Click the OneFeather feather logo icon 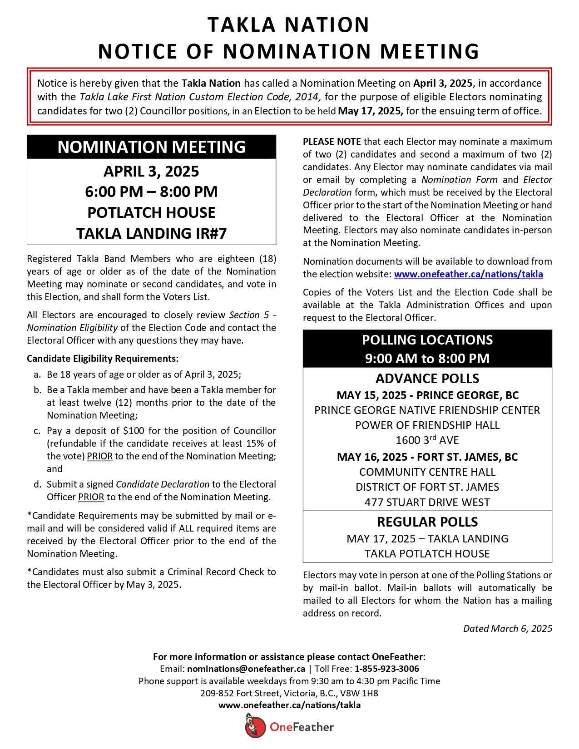coord(255,726)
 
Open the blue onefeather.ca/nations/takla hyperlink coord(468,274)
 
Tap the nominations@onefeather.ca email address coord(246,669)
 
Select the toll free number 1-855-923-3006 coord(387,669)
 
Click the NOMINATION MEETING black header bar coord(151,147)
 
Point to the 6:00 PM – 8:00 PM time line coord(151,192)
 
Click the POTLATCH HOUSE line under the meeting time coord(151,212)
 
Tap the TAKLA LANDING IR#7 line coord(151,233)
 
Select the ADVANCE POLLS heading coord(427,379)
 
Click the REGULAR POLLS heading coord(427,522)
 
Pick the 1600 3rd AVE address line coord(427,440)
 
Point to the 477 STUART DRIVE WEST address coord(427,503)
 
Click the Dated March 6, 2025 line coord(507,629)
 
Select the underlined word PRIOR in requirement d coord(91,497)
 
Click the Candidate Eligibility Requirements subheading coord(103,359)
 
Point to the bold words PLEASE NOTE coord(332,142)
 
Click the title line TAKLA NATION coord(289,25)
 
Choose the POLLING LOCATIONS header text coord(427,340)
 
